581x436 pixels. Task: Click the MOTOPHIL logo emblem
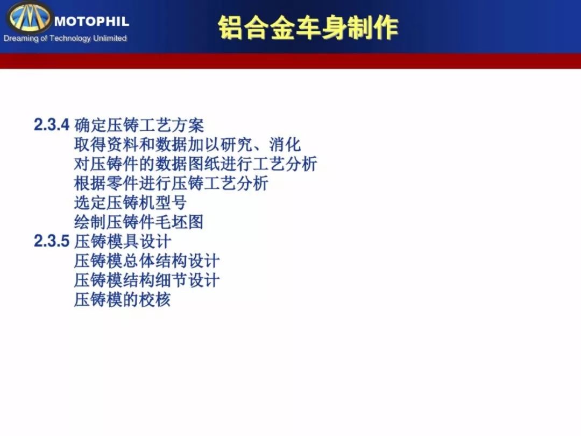point(29,17)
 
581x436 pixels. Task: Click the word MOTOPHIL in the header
point(91,21)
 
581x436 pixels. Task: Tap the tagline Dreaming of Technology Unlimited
point(65,38)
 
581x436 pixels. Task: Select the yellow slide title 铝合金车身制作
point(308,28)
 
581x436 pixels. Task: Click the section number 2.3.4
point(52,124)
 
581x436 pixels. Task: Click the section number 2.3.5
point(52,241)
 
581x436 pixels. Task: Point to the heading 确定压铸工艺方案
point(139,125)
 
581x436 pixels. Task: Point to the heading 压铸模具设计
point(123,241)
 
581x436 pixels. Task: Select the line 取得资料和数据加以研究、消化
point(188,145)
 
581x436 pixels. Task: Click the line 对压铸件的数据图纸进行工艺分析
point(196,164)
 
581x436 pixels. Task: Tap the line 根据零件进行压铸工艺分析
point(171,183)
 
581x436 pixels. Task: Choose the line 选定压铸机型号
point(130,203)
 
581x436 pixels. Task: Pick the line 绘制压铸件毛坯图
point(139,222)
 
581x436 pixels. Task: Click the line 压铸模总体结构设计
point(147,261)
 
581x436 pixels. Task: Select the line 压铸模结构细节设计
point(147,280)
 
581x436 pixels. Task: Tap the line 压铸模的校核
point(122,300)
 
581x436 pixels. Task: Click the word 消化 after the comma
point(285,145)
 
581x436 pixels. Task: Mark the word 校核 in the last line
point(155,300)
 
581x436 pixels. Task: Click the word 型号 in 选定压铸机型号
point(171,203)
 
